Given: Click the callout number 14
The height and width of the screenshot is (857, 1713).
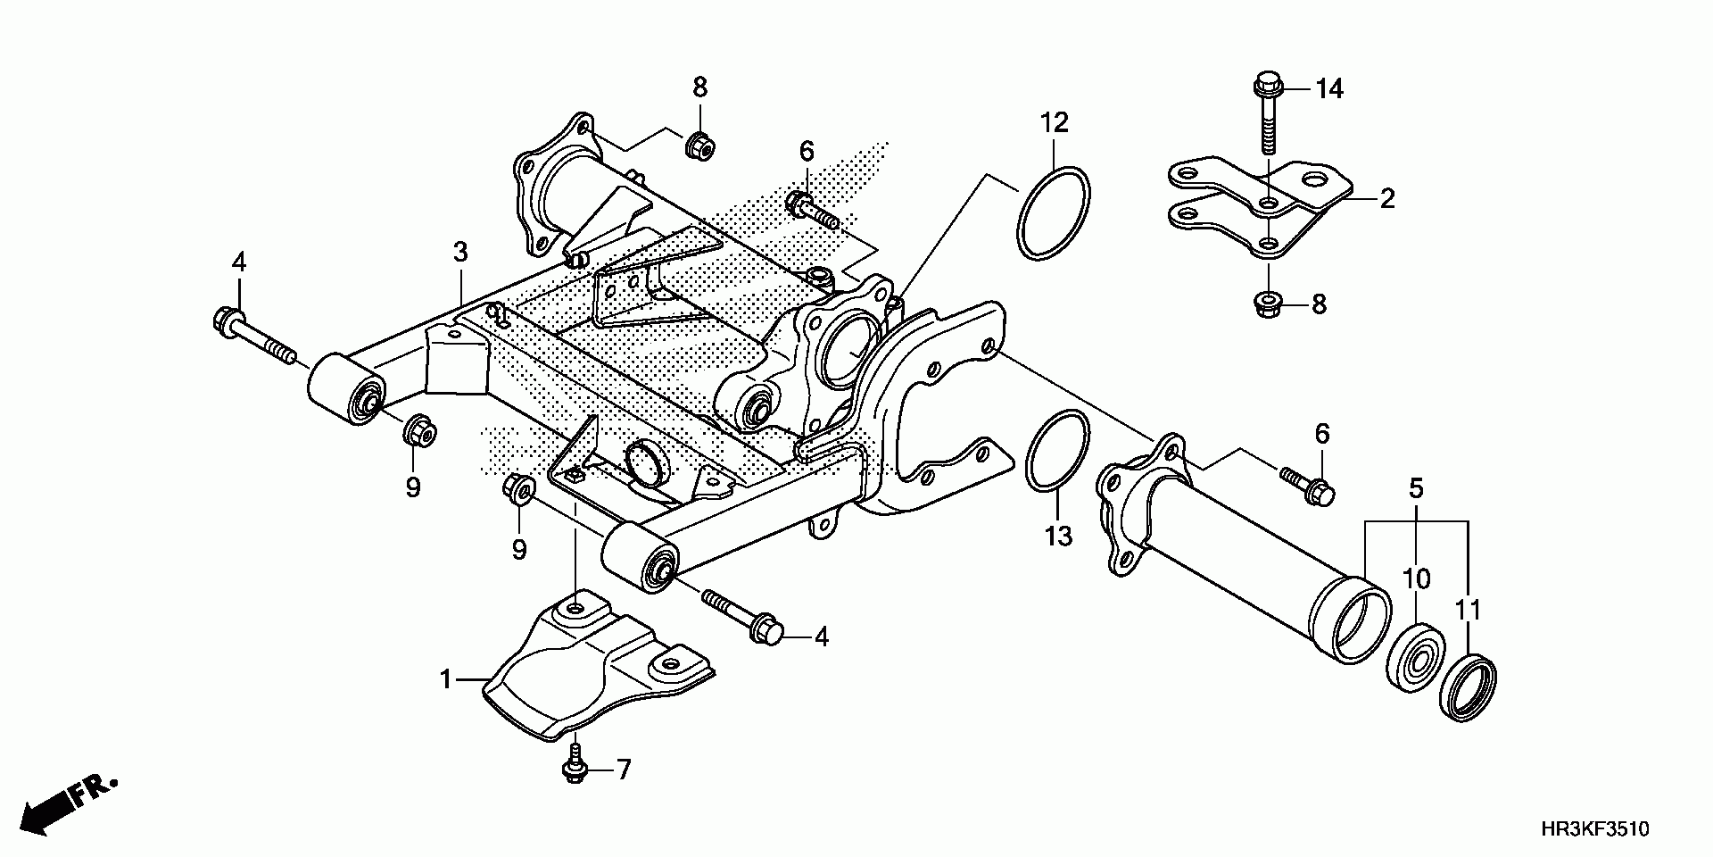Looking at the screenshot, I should (x=1329, y=89).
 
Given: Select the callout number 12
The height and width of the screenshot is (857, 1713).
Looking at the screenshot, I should (x=1053, y=122).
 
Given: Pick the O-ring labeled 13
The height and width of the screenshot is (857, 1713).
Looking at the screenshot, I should (x=1057, y=452).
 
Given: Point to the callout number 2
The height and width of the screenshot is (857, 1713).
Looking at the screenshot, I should (x=1386, y=198).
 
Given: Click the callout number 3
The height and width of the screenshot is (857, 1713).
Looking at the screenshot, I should (x=459, y=253).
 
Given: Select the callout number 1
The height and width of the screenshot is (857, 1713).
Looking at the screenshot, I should (x=446, y=680).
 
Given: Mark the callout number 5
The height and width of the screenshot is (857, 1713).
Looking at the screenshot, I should (x=1416, y=488).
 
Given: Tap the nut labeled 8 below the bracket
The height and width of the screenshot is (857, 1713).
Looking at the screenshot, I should (x=1267, y=304).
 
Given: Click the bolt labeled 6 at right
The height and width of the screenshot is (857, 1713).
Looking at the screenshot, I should (x=1307, y=483).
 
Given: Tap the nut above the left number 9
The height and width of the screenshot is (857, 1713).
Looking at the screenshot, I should (x=418, y=431).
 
